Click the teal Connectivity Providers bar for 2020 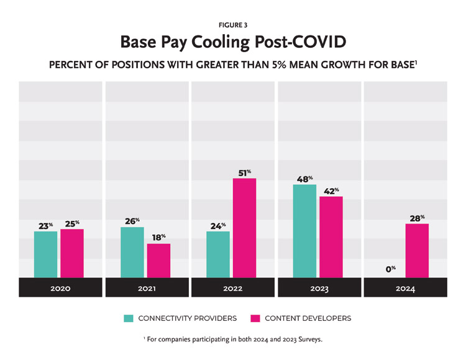coord(45,254)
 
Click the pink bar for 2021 coord(158,261)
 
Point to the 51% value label coord(244,172)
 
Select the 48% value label coord(304,179)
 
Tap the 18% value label coord(158,237)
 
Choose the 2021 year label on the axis coord(147,289)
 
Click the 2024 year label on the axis coord(404,289)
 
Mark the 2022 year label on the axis coord(232,289)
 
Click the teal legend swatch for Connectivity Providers coord(129,318)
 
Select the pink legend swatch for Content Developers coord(255,318)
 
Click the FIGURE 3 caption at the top coord(232,25)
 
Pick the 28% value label coord(417,218)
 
